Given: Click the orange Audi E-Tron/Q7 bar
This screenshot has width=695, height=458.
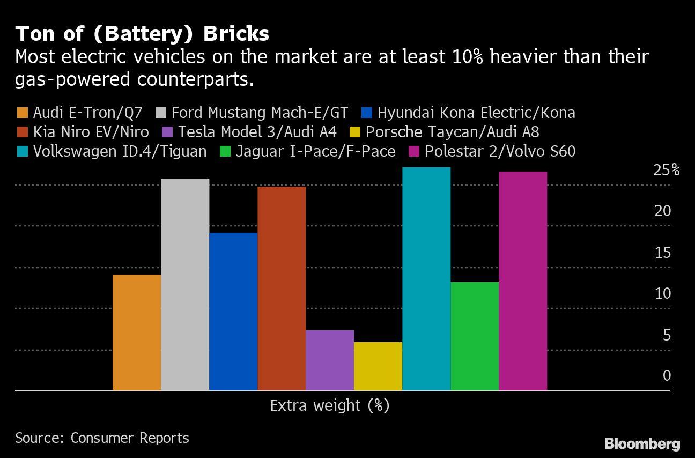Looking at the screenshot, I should pos(137,333).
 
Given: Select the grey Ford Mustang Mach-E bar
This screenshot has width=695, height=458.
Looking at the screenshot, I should pos(185,285).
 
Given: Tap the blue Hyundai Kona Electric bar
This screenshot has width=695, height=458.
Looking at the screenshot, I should pos(233,312).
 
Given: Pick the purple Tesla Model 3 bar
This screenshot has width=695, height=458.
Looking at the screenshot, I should pos(330,360).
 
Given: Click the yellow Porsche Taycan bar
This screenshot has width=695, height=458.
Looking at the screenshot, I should pos(378,366).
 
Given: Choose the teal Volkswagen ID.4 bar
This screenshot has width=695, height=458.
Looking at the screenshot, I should pos(426,279).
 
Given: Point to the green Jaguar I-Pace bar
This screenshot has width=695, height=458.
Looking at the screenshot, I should pos(475,336).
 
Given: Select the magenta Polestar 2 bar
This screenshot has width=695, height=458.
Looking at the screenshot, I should pos(523,281).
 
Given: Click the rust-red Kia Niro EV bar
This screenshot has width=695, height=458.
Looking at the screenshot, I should pos(282,289).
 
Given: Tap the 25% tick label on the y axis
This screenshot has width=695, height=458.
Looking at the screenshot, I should pos(666,171).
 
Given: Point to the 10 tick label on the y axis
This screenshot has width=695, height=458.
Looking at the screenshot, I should pos(662,293).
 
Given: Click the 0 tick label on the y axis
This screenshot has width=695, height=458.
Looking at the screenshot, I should pos(667,375).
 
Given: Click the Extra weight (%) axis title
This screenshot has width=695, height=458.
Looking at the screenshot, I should pos(329,405).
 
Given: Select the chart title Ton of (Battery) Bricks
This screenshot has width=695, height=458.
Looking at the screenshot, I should pos(142,34).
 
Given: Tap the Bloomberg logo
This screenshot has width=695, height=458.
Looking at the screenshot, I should pos(642,444).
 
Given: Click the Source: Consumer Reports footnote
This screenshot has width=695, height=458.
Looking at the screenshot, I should pos(102,438).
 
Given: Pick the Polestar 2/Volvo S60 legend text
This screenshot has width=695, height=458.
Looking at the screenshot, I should pos(500,151).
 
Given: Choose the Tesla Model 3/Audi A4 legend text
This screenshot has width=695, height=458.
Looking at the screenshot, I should pos(257,132).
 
